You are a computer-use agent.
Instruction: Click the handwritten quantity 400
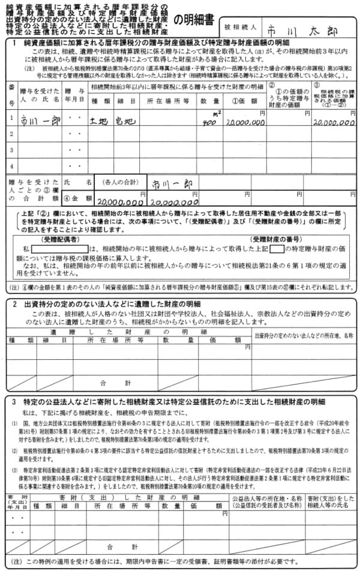208,122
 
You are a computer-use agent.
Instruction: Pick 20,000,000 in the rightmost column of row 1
332,122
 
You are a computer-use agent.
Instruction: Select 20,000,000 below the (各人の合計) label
120,203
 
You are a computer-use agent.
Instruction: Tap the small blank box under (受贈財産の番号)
277,248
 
